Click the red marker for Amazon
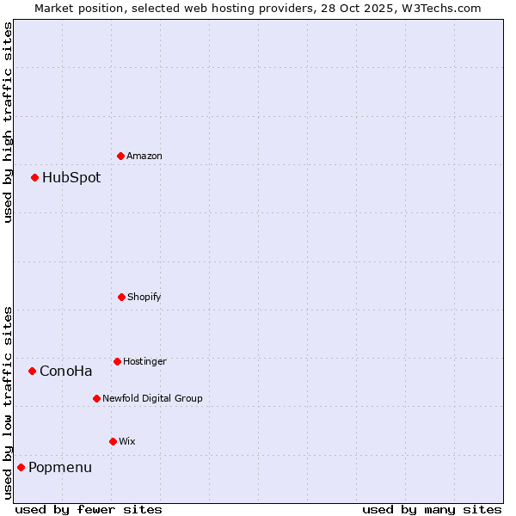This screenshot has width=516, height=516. [120, 156]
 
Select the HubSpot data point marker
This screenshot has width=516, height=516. [34, 177]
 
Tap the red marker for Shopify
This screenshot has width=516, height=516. [121, 297]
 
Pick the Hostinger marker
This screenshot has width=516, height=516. [117, 361]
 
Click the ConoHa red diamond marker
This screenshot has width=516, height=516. [32, 371]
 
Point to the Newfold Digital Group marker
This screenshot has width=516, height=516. [96, 398]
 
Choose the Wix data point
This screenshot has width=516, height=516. [113, 441]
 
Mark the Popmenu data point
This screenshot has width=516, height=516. [21, 467]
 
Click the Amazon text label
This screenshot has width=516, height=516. [144, 156]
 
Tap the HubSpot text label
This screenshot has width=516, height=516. [71, 178]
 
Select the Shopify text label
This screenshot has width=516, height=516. [144, 297]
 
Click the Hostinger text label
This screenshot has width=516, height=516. [144, 361]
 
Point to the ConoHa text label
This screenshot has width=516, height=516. [66, 372]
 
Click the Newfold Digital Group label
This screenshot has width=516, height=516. [152, 398]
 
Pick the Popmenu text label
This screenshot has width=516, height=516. [60, 468]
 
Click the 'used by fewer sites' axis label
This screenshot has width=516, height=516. [89, 509]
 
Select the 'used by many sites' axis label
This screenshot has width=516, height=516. [432, 509]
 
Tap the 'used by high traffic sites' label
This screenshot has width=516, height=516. [8, 122]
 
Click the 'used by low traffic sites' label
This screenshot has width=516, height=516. [8, 402]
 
